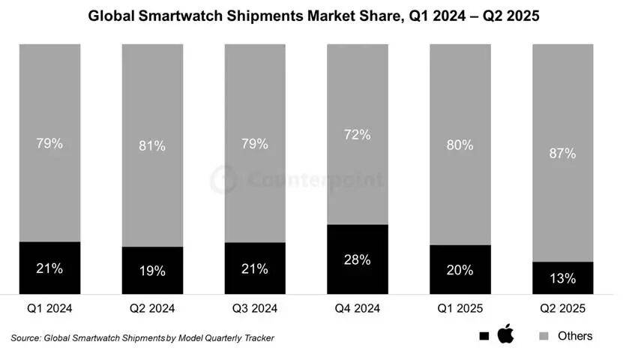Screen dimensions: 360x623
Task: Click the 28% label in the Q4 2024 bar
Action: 357,260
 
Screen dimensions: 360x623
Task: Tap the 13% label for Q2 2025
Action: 562,278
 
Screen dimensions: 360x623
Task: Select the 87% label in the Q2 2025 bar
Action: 562,153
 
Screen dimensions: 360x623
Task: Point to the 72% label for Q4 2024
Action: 357,135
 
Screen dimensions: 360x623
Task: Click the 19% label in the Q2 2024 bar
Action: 152,271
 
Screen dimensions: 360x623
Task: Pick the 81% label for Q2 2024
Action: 152,145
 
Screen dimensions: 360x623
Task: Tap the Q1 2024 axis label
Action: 49,307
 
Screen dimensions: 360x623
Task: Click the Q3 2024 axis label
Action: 255,307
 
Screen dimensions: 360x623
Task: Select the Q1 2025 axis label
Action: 460,307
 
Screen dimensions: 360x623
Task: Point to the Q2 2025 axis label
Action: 562,307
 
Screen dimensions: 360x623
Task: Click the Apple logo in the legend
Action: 506,334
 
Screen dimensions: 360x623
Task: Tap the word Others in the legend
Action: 575,336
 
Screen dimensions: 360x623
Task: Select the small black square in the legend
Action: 484,336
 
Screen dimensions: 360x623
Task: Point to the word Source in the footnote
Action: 25,338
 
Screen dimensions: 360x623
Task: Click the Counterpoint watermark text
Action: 315,181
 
